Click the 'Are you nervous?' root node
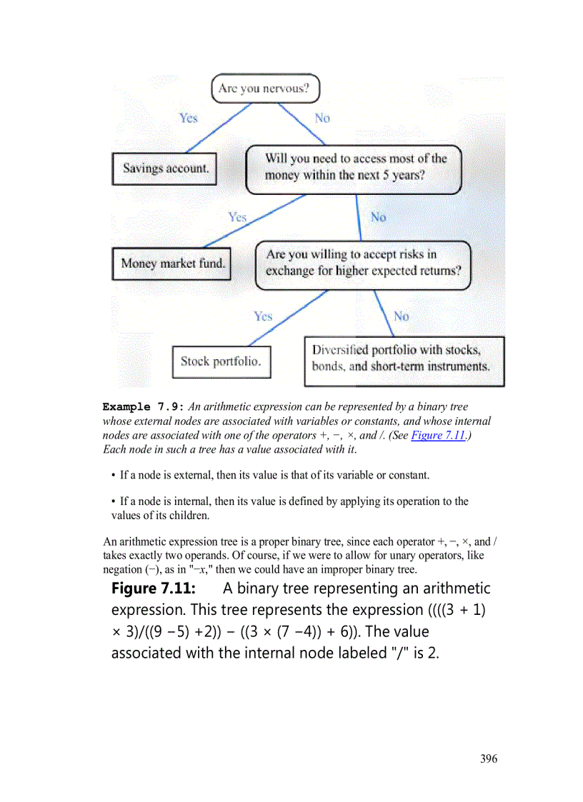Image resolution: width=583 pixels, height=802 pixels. pyautogui.click(x=265, y=89)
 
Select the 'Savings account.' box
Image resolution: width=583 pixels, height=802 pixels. pyautogui.click(x=164, y=169)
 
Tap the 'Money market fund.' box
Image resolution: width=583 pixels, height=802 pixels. pyautogui.click(x=172, y=263)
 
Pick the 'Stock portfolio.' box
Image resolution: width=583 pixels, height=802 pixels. pyautogui.click(x=221, y=361)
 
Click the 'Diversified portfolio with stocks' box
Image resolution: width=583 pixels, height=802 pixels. pyautogui.click(x=404, y=361)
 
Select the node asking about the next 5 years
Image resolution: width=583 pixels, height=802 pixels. pyautogui.click(x=354, y=169)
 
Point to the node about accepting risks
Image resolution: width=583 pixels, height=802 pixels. pyautogui.click(x=363, y=264)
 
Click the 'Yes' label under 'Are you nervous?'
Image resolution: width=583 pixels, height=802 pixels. pyautogui.click(x=189, y=118)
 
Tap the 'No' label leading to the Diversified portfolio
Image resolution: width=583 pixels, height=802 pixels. pyautogui.click(x=402, y=316)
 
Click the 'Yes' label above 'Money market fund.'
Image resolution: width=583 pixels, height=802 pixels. pyautogui.click(x=237, y=216)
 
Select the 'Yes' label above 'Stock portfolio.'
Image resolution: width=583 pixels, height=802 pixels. pyautogui.click(x=263, y=316)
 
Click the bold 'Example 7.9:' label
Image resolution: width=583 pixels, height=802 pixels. pyautogui.click(x=143, y=407)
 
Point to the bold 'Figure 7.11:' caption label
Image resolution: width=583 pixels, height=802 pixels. pyautogui.click(x=154, y=588)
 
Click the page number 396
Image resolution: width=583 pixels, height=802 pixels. pyautogui.click(x=489, y=758)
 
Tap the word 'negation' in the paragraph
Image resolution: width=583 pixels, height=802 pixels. pyautogui.click(x=122, y=569)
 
